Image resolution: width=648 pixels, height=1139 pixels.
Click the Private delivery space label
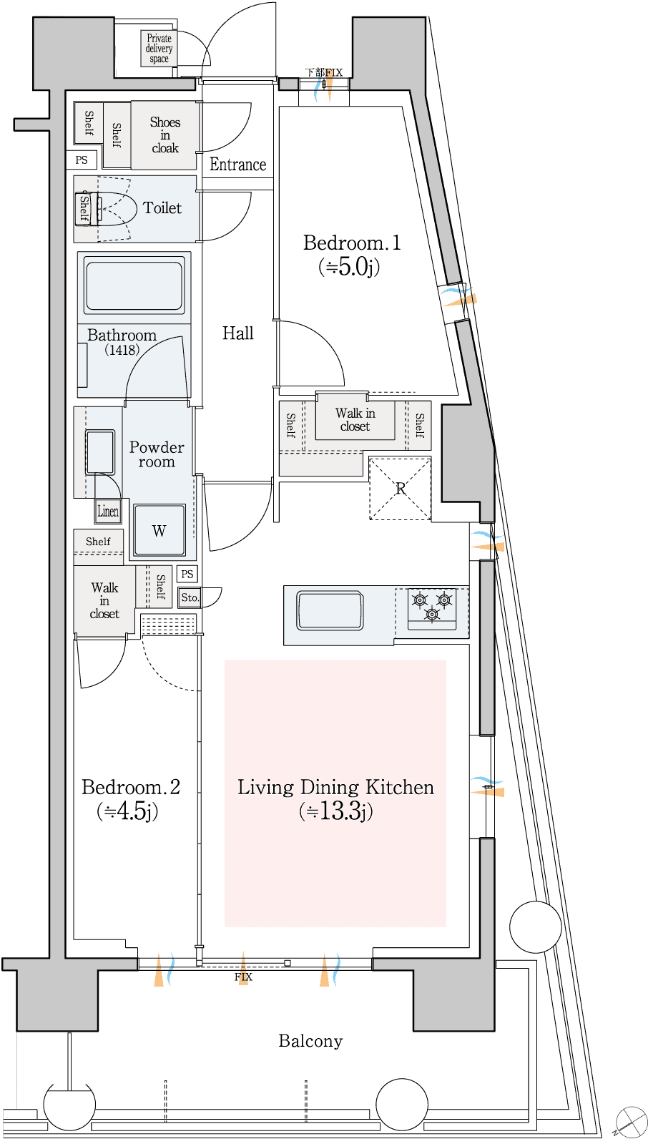159,49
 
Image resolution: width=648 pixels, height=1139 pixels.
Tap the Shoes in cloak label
165,135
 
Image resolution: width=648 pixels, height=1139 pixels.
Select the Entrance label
238,165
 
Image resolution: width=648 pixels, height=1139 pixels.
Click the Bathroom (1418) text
122,342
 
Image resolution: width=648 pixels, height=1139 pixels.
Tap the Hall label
238,333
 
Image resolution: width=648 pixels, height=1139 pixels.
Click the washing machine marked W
159,531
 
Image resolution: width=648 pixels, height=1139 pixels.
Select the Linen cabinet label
108,512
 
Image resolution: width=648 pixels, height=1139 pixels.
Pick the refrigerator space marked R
400,489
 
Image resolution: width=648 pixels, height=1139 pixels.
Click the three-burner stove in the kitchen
431,607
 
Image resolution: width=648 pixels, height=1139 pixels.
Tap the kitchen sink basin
330,611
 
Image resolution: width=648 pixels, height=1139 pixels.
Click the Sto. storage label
190,598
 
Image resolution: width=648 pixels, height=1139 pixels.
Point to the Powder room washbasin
100,452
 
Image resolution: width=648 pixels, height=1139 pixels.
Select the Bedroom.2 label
130,799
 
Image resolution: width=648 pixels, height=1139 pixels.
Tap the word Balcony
310,1042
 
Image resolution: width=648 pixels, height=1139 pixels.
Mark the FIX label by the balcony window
243,977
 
